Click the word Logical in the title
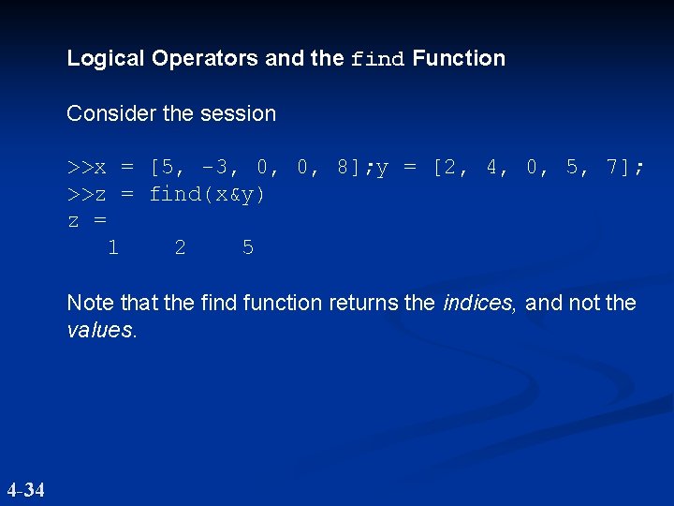point(106,58)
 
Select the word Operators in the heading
point(205,58)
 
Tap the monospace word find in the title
point(377,59)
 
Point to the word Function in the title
point(459,58)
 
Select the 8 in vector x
point(343,168)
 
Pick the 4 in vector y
point(491,168)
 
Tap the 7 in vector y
point(612,168)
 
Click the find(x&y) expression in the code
point(207,194)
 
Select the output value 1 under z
point(112,247)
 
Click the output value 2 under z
point(180,247)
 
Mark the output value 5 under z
point(247,247)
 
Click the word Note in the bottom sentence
point(88,303)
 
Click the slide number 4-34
point(25,489)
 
